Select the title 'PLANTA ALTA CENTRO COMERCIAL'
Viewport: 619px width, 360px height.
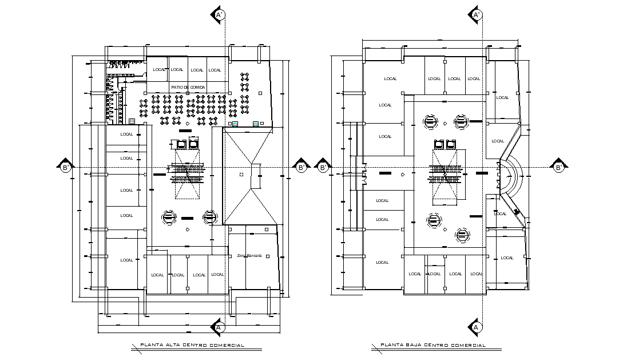click(192, 345)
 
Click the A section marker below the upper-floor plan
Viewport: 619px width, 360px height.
click(217, 326)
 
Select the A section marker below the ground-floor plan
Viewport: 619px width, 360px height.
click(475, 326)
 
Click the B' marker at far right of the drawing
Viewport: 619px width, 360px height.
click(559, 167)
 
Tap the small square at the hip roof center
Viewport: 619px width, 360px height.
click(242, 174)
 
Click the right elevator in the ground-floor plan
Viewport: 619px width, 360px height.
click(451, 144)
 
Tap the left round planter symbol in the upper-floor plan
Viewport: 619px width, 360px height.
click(169, 217)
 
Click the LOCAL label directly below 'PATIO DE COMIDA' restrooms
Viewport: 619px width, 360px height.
click(126, 134)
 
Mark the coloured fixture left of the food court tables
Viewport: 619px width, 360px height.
click(132, 121)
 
